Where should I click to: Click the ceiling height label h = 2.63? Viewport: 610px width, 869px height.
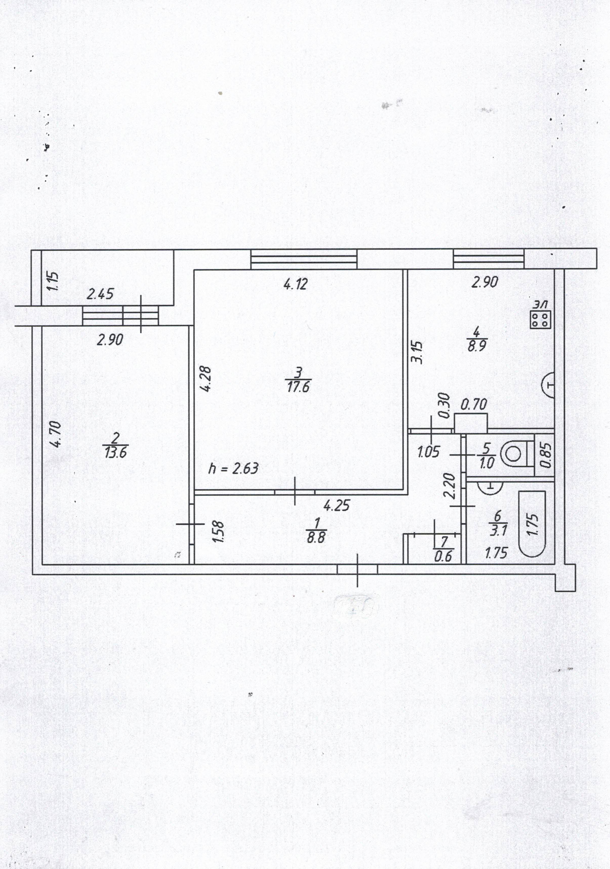(x=233, y=468)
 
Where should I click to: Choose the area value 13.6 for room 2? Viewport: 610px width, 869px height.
(x=116, y=452)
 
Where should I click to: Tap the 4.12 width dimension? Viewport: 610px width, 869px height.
(x=295, y=284)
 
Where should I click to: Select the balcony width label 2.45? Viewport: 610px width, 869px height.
(x=100, y=294)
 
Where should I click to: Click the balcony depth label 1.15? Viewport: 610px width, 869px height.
(x=53, y=281)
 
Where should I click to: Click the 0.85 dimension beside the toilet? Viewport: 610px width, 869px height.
(x=545, y=454)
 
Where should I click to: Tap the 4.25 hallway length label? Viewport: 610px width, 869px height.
(x=337, y=505)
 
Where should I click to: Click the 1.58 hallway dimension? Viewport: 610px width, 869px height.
(x=219, y=532)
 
